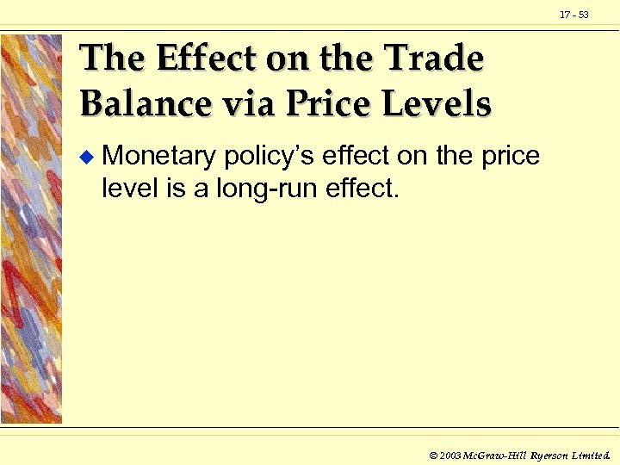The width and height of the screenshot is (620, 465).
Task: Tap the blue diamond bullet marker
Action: click(x=84, y=157)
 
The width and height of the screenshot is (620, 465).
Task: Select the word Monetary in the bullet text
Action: click(x=158, y=157)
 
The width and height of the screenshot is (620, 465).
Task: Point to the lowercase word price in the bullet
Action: click(x=511, y=157)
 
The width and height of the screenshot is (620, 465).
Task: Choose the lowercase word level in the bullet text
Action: click(x=126, y=187)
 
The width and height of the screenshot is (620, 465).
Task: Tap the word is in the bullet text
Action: click(x=171, y=187)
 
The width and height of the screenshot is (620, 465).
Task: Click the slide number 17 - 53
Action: click(x=573, y=15)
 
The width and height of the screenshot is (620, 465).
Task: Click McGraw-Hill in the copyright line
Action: click(x=496, y=454)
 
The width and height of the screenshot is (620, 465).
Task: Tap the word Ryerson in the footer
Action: click(x=549, y=454)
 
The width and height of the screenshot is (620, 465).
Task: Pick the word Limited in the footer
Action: click(x=592, y=454)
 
